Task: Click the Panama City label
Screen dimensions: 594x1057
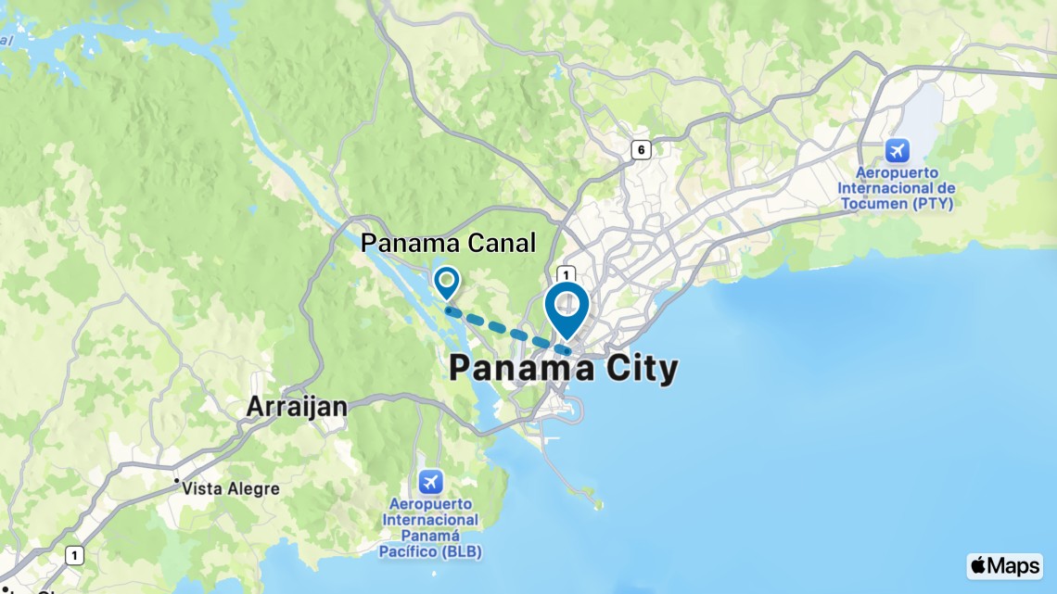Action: click(563, 369)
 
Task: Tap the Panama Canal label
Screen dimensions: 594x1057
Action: click(448, 243)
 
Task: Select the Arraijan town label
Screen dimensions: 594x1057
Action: click(297, 407)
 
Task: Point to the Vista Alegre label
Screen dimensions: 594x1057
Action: click(231, 488)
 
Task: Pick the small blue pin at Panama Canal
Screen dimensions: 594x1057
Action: click(447, 281)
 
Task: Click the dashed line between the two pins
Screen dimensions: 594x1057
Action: click(507, 329)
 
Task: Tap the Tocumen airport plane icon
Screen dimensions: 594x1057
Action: click(897, 149)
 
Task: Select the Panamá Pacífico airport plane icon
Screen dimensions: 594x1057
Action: click(430, 482)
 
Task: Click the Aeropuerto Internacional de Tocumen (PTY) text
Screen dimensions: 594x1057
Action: click(897, 188)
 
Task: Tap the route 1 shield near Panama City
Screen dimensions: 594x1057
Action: click(565, 274)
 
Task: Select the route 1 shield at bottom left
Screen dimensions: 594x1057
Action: click(75, 555)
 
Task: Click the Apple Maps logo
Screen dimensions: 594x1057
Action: click(1004, 565)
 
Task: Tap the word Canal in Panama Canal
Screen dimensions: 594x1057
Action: click(502, 243)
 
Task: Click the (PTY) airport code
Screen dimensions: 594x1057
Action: click(932, 203)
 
